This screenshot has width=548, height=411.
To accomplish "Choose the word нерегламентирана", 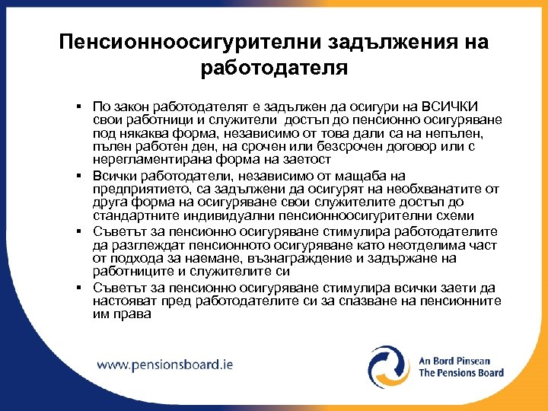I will (x=145, y=160).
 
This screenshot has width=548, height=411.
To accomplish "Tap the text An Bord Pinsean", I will (x=454, y=361).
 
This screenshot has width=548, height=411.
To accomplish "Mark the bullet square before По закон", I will (x=79, y=107).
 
